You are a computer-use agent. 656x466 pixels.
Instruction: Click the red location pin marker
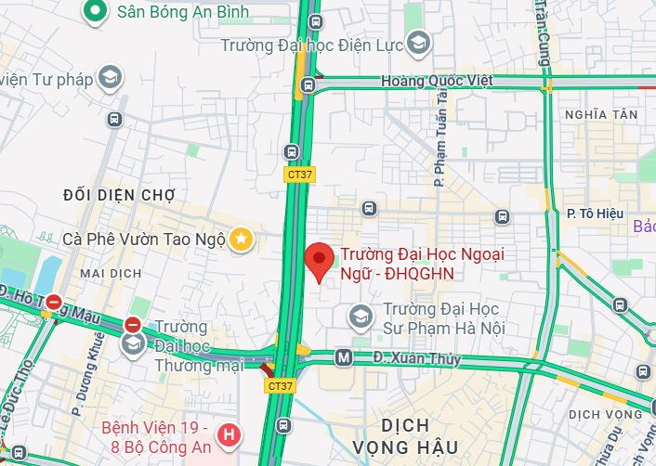(321, 260)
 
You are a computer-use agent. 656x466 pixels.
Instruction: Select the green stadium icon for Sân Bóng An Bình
(95, 11)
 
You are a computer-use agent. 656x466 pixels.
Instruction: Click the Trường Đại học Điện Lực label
(312, 45)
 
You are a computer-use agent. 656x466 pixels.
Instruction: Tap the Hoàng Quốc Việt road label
(437, 81)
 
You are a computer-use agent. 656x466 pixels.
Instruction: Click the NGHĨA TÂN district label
(601, 114)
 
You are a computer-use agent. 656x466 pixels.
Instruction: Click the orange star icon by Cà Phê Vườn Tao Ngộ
(241, 239)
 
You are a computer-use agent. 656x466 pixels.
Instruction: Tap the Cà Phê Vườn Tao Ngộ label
(144, 239)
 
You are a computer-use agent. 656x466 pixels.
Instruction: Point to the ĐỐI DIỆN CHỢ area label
(119, 194)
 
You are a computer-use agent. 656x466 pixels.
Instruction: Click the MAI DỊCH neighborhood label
(111, 273)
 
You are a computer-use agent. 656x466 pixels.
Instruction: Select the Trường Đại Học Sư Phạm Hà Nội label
(443, 318)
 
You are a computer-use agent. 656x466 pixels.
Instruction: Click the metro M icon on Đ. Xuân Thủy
(343, 356)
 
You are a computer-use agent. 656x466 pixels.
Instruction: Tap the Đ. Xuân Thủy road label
(417, 358)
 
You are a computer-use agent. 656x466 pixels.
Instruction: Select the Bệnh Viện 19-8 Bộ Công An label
(155, 438)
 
